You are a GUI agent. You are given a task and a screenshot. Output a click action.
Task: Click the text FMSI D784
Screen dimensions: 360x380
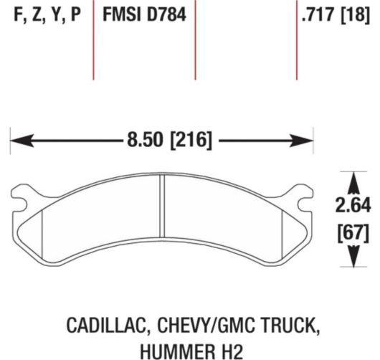tap(145, 15)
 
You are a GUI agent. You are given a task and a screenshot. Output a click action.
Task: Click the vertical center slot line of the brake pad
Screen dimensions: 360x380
tap(163, 215)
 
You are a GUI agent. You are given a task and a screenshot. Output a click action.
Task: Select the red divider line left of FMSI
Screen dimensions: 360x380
tap(94, 39)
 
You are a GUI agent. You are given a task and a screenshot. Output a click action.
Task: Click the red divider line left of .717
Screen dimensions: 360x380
tap(297, 39)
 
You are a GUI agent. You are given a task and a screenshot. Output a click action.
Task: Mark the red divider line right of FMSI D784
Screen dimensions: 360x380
tap(196, 39)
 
